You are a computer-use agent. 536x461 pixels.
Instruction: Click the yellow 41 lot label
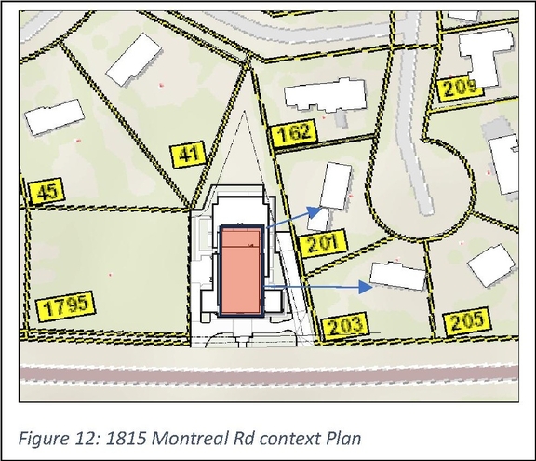[x=189, y=154]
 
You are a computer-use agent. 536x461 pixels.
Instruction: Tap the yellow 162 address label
[x=294, y=132]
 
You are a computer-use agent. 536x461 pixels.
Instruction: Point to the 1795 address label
[x=67, y=306]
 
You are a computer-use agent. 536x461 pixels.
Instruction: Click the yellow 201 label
[x=320, y=244]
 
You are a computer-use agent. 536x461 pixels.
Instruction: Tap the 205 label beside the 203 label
[x=466, y=321]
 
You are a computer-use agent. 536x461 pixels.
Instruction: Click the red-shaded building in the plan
[x=240, y=270]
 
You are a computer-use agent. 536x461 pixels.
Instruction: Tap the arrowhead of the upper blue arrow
[x=318, y=212]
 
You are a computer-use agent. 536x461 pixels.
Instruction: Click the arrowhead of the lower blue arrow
[x=369, y=288]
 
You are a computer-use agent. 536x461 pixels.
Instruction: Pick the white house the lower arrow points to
[x=398, y=275]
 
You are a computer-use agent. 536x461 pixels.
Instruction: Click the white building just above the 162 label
[x=324, y=94]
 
